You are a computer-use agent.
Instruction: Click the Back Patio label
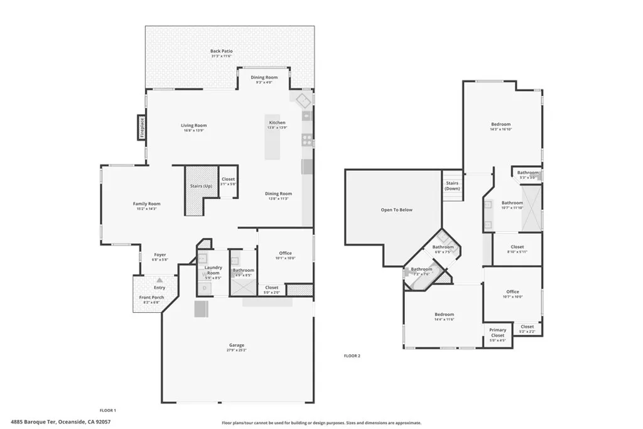pos(220,51)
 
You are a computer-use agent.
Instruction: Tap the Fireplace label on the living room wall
pos(143,128)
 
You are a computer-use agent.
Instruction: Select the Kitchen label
pos(277,122)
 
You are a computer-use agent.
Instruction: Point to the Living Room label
pos(194,126)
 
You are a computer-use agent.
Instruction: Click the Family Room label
pos(146,204)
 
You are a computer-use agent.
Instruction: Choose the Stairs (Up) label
pos(201,187)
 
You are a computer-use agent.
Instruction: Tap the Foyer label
pos(160,255)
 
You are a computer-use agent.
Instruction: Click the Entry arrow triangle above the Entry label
pos(159,280)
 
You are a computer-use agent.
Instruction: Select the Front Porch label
pos(151,297)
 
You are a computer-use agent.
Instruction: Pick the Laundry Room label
pos(213,270)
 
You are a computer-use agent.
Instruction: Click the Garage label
pos(236,345)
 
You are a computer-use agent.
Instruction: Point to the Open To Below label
pos(397,210)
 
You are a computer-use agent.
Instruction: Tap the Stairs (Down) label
pos(452,186)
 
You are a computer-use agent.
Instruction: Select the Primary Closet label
pos(497,333)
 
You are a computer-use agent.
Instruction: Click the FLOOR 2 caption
pos(352,356)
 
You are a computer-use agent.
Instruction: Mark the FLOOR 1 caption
pos(108,410)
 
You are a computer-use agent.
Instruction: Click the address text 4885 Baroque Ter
pos(35,422)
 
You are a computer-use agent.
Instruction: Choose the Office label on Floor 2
pos(512,291)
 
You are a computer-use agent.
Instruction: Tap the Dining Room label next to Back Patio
pos(264,77)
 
